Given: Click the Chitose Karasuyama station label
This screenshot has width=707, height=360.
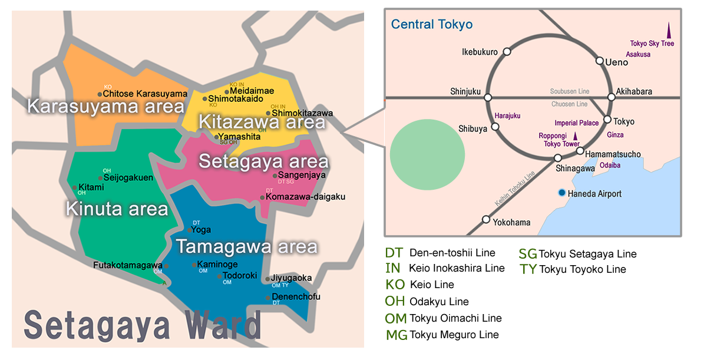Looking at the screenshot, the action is (x=145, y=94).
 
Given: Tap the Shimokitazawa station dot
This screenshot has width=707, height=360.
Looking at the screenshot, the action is (x=268, y=113).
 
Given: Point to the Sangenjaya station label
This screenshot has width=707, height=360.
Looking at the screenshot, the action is (x=302, y=175).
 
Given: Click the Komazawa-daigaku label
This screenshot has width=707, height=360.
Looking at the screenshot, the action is (x=305, y=197).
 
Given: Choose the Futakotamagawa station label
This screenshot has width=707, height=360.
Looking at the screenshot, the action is (x=127, y=265).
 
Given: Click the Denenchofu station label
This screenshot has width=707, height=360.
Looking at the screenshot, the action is (x=296, y=297).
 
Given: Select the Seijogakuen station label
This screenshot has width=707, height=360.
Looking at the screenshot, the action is (x=128, y=177).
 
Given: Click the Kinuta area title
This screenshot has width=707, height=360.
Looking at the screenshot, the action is (x=117, y=209).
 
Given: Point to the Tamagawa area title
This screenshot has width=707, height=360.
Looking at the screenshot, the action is (x=247, y=246).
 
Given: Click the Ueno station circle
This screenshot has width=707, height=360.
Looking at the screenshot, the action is (x=600, y=61).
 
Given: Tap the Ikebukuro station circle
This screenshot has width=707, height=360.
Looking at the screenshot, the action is (x=506, y=52).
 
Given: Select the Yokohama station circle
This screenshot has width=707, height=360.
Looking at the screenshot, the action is (x=486, y=219).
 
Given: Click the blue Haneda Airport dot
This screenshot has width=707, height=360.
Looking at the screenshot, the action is (x=562, y=193).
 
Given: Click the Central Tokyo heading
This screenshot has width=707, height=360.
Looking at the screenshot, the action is (x=432, y=25).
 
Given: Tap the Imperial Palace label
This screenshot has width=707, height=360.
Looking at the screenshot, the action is (x=576, y=123).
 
